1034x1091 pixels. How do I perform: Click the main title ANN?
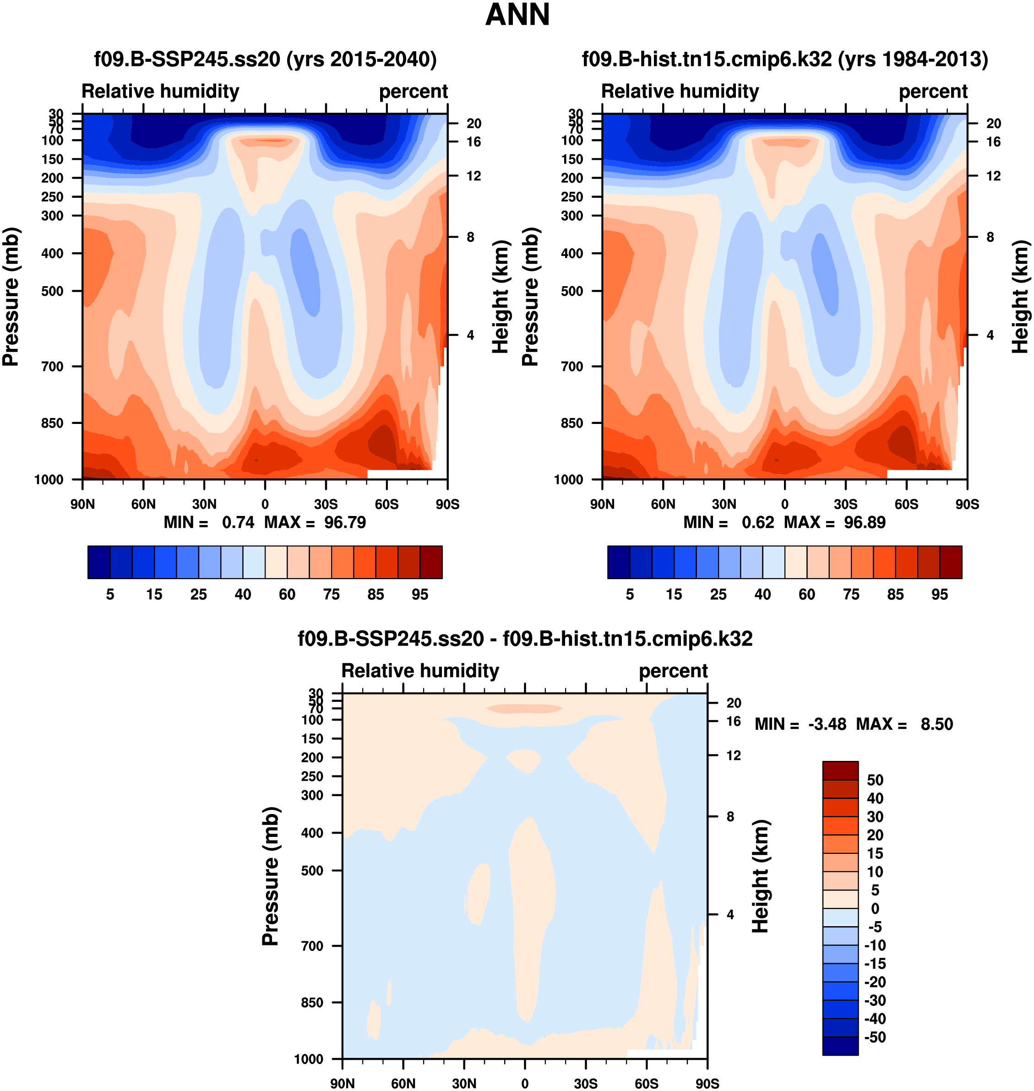517,15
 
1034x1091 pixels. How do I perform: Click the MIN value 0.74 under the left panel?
238,522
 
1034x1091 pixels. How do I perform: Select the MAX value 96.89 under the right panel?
865,522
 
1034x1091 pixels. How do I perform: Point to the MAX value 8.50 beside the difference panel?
936,724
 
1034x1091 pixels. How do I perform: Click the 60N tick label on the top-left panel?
143,504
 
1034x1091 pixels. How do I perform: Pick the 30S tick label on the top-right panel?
845,504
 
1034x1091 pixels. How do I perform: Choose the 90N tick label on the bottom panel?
342,1083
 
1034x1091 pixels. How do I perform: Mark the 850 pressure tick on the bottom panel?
312,1002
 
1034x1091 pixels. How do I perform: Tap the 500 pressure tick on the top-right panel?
572,291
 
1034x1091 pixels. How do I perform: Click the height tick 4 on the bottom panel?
730,915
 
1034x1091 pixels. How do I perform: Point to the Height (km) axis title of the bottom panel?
761,876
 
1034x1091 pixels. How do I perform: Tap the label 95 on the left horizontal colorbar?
420,595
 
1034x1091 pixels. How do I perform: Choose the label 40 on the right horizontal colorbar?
763,595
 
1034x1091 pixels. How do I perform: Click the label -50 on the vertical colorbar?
875,1037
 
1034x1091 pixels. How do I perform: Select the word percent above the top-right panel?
933,92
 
